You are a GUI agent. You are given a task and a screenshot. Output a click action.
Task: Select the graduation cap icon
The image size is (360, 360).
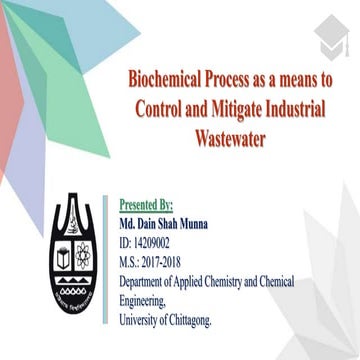pyautogui.click(x=326, y=38)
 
